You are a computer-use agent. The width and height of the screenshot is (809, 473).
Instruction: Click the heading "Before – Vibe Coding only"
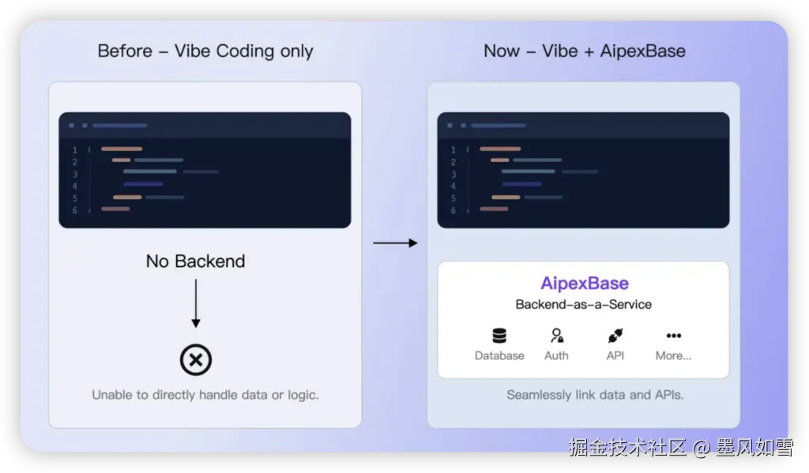205,51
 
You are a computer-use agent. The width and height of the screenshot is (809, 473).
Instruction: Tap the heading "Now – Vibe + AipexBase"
584,51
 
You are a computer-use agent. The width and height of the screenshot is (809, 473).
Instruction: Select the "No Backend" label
196,261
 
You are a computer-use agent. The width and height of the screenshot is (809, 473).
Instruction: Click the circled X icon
196,359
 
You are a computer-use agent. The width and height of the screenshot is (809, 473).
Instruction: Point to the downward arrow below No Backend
196,303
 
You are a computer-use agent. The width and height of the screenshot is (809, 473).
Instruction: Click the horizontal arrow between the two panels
395,242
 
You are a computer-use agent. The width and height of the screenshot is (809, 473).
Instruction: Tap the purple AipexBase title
585,283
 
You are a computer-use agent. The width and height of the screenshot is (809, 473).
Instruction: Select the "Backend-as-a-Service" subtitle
584,304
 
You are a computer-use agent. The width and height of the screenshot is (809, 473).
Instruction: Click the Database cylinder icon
499,336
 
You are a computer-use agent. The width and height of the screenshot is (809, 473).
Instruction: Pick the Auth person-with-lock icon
557,336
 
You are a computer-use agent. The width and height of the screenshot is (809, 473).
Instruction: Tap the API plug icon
615,336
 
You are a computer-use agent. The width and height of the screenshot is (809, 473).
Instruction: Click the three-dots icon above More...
673,336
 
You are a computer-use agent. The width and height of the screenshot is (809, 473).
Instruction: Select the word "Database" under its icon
499,355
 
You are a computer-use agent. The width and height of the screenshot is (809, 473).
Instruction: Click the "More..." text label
673,355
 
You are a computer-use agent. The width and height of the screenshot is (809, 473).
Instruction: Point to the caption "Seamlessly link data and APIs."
595,395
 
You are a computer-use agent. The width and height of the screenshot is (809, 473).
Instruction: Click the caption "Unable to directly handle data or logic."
205,395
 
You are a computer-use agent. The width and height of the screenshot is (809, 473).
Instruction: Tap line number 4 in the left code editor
75,186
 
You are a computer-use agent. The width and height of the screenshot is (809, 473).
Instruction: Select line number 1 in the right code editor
453,150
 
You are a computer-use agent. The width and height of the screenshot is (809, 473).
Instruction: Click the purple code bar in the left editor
143,184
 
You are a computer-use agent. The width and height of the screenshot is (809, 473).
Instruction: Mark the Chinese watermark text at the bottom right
681,447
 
